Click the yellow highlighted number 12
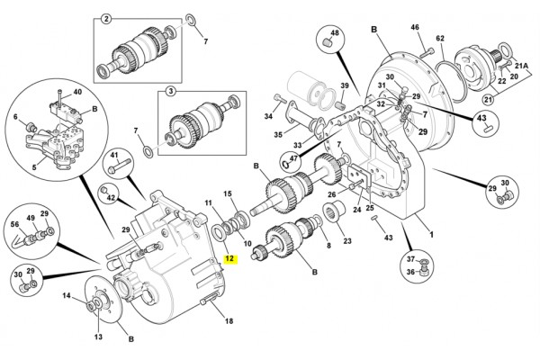[229, 258]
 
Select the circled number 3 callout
[168, 92]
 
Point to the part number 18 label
[228, 321]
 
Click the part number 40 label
[76, 93]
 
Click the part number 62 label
[440, 38]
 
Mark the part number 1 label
[430, 235]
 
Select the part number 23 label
[346, 240]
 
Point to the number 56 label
[15, 226]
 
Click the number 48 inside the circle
[334, 33]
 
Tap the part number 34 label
[267, 116]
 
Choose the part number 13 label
[99, 337]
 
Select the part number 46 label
[416, 27]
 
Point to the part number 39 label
[343, 85]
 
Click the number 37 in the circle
[410, 257]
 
